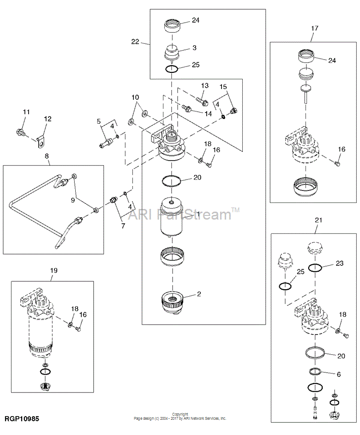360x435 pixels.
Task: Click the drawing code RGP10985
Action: click(22, 419)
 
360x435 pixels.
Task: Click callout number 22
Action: click(135, 42)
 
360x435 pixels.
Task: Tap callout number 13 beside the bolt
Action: click(205, 86)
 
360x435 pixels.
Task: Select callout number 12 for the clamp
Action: click(48, 119)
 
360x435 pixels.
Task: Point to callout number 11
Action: click(26, 112)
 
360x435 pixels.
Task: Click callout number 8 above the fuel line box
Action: click(47, 156)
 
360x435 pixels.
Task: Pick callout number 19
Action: click(54, 270)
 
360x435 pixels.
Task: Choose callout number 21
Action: click(318, 220)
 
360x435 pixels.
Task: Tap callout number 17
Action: click(314, 28)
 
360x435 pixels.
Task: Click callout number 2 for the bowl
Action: click(199, 294)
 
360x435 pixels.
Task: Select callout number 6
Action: click(339, 375)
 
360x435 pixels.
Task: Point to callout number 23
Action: click(340, 263)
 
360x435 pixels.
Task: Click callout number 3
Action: click(195, 48)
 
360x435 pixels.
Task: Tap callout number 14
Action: click(208, 114)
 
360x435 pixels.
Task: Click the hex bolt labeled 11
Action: click(20, 132)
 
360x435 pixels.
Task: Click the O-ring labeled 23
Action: click(315, 268)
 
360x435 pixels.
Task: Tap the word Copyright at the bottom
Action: click(180, 414)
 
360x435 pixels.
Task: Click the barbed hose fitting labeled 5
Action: click(106, 143)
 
